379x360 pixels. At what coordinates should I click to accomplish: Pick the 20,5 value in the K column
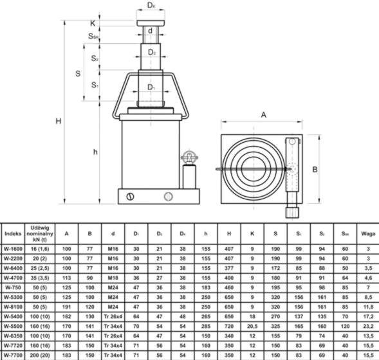click(252, 326)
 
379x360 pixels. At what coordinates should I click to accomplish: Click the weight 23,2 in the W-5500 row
click(367, 326)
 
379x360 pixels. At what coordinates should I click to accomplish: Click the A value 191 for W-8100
click(66, 307)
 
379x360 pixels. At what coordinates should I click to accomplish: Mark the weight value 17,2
click(367, 316)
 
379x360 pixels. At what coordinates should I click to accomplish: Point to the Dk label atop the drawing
click(150, 5)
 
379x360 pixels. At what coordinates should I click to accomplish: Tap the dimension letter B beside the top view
click(315, 169)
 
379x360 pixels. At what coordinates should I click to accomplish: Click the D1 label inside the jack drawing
click(150, 87)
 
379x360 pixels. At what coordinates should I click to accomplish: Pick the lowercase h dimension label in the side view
click(95, 152)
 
